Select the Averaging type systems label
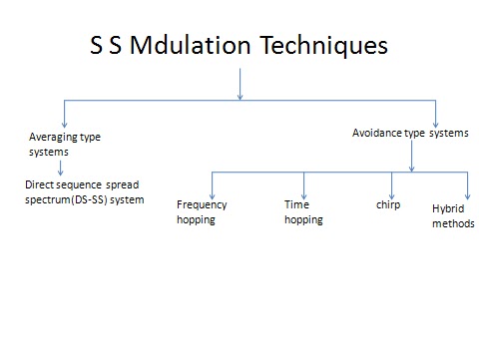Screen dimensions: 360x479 pos(65,144)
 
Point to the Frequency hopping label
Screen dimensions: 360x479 pos(202,211)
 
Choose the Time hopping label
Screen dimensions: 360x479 pos(303,211)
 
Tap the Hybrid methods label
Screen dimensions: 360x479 pos(453,216)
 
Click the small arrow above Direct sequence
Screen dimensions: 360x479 pos(61,169)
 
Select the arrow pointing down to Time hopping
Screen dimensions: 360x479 pos(303,183)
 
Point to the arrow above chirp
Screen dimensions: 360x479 pos(392,183)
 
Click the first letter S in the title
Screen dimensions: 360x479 pos(97,48)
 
